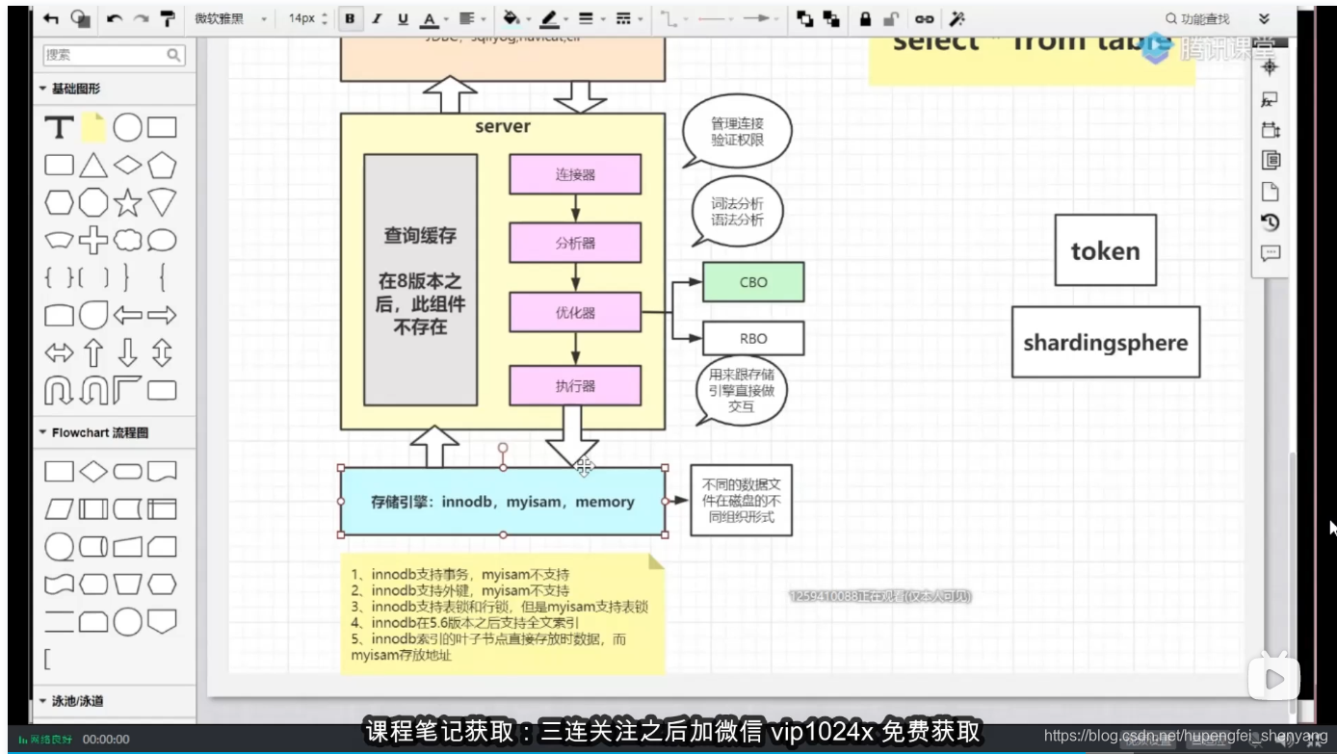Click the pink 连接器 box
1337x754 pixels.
[x=575, y=174]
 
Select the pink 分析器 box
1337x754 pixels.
[x=575, y=243]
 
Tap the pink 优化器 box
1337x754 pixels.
[x=575, y=313]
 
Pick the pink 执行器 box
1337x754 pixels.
[x=575, y=385]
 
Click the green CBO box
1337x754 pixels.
[x=752, y=282]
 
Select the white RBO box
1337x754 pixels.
[x=752, y=339]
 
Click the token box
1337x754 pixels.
[x=1105, y=250]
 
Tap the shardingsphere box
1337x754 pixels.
[x=1105, y=342]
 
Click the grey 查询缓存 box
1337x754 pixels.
[x=420, y=279]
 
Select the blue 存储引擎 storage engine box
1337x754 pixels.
[x=502, y=502]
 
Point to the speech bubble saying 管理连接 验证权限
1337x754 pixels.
[x=737, y=132]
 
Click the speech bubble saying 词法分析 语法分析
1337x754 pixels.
[x=737, y=212]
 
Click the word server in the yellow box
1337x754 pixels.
[x=502, y=127]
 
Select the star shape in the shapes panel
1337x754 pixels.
[x=128, y=202]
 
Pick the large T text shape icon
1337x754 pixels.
[x=60, y=127]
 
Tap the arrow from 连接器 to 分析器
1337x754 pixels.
[x=575, y=208]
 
